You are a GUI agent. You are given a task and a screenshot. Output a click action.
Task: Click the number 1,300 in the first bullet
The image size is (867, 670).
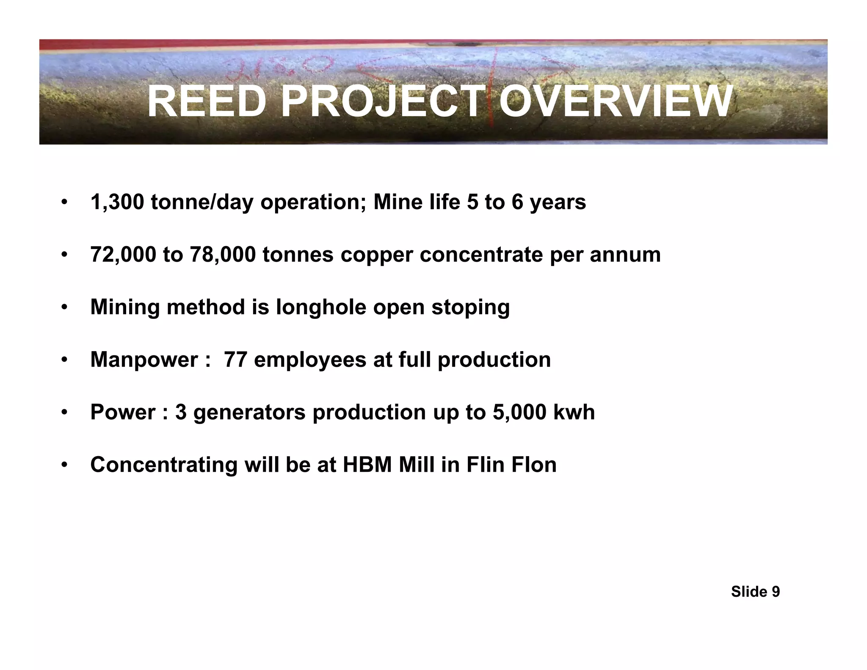tap(117, 202)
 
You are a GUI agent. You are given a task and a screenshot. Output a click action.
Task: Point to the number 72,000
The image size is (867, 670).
tap(123, 255)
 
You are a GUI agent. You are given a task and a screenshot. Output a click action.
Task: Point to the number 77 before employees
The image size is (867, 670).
tap(235, 360)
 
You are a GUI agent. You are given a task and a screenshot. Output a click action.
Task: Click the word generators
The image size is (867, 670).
tap(249, 413)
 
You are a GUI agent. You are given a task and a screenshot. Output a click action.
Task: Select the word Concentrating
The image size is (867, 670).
tap(164, 465)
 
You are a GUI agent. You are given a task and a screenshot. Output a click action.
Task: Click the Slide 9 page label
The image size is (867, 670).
tap(755, 592)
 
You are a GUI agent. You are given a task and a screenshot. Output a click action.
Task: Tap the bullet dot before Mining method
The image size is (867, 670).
tap(64, 307)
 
